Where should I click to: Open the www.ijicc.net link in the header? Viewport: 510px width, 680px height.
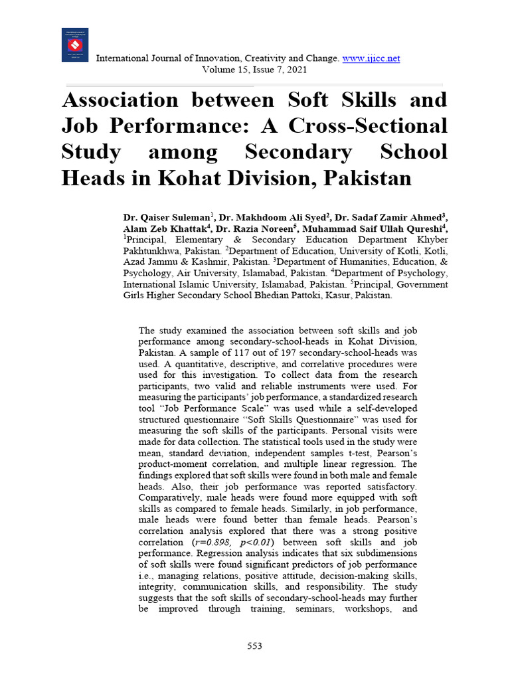371,58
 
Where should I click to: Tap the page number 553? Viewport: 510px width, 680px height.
254,645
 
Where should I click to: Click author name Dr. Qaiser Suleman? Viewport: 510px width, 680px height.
167,217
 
